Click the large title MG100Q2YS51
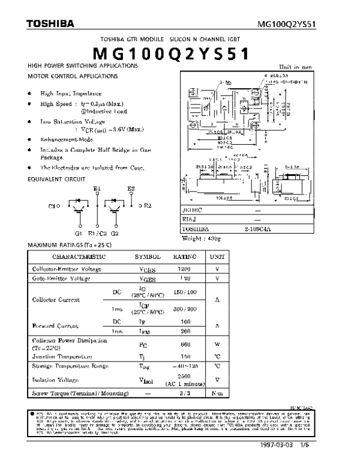(179, 55)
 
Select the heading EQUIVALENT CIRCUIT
(56, 178)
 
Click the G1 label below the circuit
(78, 233)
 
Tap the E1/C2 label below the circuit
(97, 233)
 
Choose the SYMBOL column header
(147, 256)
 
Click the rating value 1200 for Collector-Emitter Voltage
(185, 269)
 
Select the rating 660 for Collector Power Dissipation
(185, 345)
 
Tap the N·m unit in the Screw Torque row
(217, 393)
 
